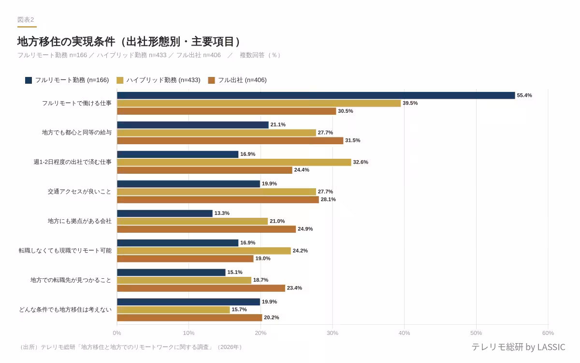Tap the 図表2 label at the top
click(x=26, y=20)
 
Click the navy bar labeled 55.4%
click(x=316, y=95)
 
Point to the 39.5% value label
click(x=410, y=103)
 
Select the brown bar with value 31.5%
click(x=230, y=140)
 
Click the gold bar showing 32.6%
click(x=234, y=162)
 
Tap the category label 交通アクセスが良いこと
click(x=79, y=192)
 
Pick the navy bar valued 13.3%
click(x=165, y=213)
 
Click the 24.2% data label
click(x=300, y=251)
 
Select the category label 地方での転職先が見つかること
click(x=71, y=280)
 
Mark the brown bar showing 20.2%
click(x=189, y=318)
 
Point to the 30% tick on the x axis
click(x=333, y=333)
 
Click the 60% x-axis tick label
click(x=548, y=333)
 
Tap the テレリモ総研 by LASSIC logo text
click(x=518, y=347)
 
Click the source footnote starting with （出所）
click(x=130, y=347)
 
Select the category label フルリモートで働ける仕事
click(x=76, y=103)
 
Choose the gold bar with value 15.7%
click(x=174, y=310)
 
